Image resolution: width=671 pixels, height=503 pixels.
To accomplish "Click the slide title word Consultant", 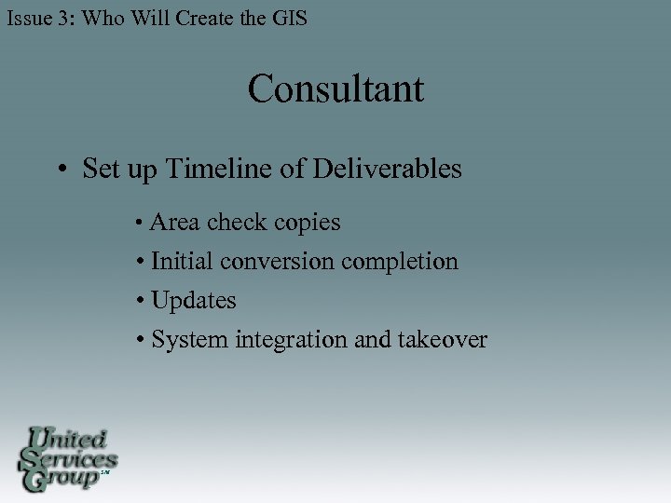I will [335, 89].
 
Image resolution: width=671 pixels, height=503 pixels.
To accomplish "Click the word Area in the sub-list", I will [175, 223].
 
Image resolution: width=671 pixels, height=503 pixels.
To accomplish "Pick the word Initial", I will [182, 262].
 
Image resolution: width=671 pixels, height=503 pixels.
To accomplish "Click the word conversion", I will [277, 262].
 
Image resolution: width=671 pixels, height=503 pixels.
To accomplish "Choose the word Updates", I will [193, 301].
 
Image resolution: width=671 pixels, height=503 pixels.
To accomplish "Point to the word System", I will [189, 340].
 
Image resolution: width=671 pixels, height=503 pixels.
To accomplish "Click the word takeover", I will [442, 340].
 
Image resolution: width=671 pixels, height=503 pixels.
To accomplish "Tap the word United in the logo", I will [69, 439].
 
